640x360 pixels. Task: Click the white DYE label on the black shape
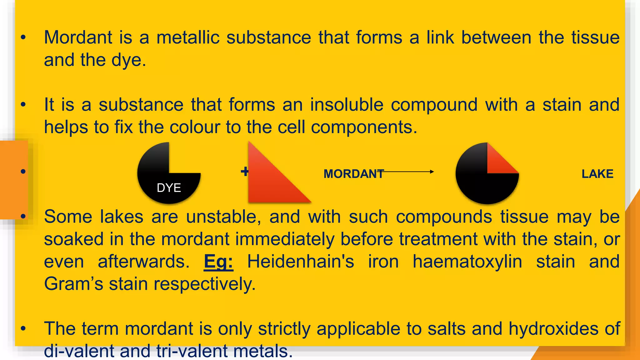(169, 188)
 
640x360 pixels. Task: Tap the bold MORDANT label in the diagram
(353, 174)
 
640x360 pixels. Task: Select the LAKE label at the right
(597, 174)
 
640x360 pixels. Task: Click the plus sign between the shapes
(244, 171)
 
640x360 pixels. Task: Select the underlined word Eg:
(218, 262)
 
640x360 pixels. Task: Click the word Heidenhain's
(301, 262)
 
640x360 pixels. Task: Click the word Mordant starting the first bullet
(78, 37)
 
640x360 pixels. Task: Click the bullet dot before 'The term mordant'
(23, 328)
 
